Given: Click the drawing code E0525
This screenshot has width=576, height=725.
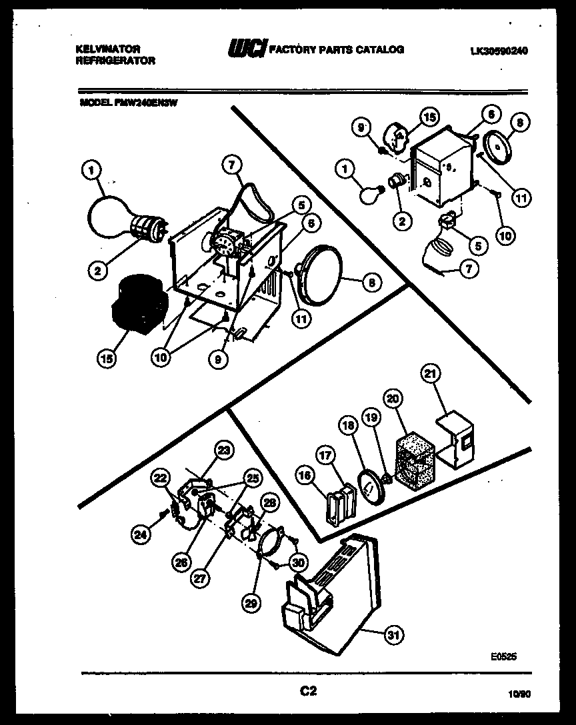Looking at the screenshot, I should pos(504,656).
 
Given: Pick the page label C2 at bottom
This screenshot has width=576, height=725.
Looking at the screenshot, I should pos(307,692).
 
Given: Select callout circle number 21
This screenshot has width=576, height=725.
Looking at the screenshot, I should pos(429,375).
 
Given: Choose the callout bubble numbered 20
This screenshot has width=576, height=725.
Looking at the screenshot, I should pos(393,398).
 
